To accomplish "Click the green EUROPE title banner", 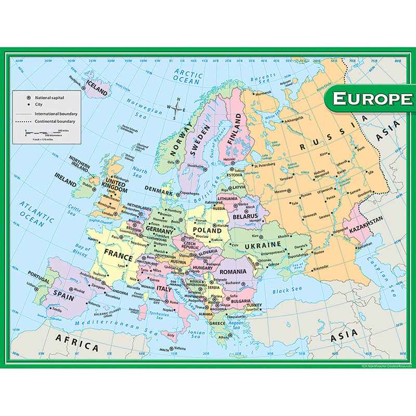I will tap(370, 98).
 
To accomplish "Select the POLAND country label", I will tap(207, 229).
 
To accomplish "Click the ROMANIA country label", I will tap(232, 271).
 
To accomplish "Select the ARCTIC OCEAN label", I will tap(188, 76).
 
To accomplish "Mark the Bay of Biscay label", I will tap(83, 249).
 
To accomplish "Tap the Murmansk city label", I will tap(263, 95).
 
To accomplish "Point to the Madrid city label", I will tap(79, 290).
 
